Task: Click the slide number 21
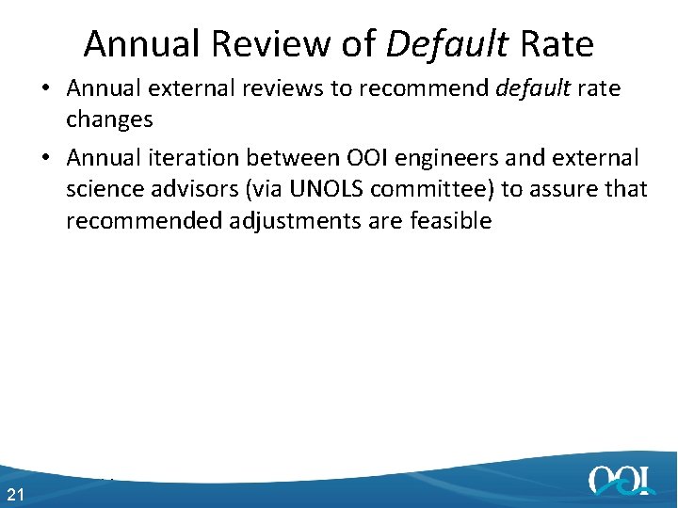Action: [x=15, y=495]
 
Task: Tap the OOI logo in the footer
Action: [x=621, y=480]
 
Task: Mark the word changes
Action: [x=109, y=119]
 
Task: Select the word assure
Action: [x=561, y=189]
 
